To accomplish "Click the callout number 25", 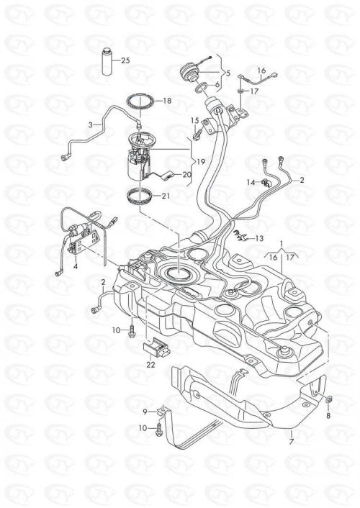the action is (125, 60).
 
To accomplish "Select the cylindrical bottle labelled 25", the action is (107, 62).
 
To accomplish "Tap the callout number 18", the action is (167, 101).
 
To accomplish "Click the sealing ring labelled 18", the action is (140, 101).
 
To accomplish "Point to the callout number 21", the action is (166, 196).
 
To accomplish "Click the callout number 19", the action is (201, 161).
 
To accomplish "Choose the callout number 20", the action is (186, 175).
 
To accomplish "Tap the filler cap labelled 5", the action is (190, 72).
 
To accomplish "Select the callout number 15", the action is (194, 121).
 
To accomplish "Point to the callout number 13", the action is (259, 238).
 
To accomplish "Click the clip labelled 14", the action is (266, 183).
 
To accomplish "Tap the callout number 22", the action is (150, 365).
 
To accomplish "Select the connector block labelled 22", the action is (156, 348).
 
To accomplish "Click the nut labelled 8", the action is (328, 400).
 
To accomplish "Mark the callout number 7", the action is (291, 441).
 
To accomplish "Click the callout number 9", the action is (145, 412).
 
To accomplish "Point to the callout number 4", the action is (76, 266).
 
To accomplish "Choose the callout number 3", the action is (91, 124).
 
